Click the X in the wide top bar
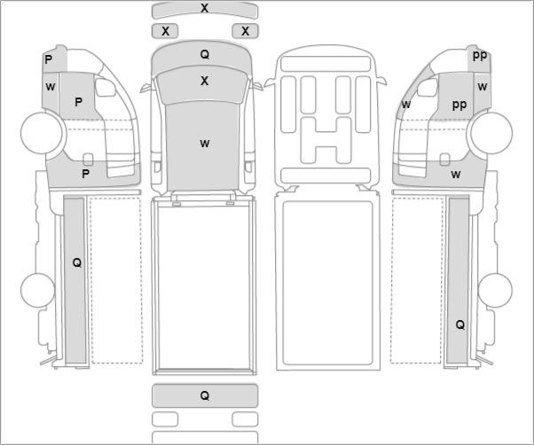pos(204,8)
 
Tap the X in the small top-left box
pos(165,31)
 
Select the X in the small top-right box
pos(245,31)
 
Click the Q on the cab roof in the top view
pos(205,54)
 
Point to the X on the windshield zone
pos(204,81)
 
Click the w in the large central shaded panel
pos(205,144)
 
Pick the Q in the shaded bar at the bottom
pos(205,395)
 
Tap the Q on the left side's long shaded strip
pos(77,262)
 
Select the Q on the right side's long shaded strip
pos(460,324)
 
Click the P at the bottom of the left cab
pos(86,174)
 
